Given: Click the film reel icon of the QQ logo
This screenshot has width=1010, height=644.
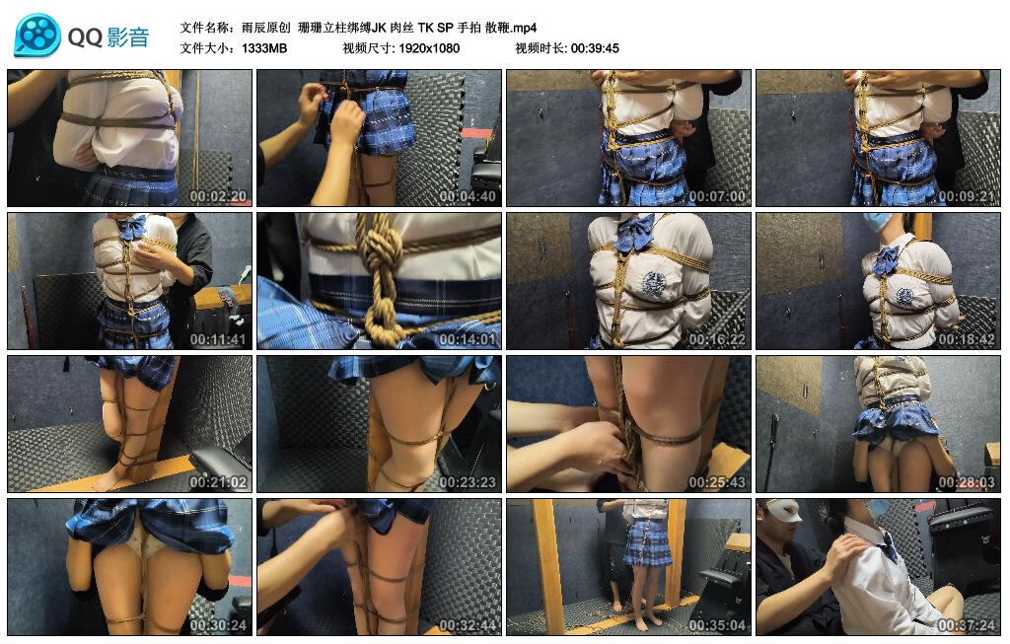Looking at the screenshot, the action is point(36,36).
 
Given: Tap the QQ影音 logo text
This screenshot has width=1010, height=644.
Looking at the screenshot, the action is point(108,37).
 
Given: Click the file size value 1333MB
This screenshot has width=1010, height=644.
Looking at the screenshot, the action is point(264,48).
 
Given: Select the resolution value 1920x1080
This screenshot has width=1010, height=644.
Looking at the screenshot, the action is point(429,48).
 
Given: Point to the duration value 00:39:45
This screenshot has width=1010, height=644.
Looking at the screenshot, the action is point(595,48).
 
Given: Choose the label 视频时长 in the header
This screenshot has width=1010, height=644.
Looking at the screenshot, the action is point(539,48).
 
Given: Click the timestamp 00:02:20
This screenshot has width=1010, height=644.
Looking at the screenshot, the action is point(218,196).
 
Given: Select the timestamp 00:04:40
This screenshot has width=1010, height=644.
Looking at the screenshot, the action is point(468,196).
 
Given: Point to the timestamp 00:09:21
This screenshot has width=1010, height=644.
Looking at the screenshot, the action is point(967,196).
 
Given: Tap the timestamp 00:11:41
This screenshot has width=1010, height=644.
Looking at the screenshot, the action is point(218,339).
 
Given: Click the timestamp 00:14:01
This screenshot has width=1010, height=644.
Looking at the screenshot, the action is point(468,339).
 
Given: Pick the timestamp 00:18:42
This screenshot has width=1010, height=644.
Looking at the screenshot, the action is point(967,339).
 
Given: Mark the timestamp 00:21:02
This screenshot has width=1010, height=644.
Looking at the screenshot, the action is point(218,482).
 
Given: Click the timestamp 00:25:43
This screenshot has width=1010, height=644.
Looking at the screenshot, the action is point(717,482).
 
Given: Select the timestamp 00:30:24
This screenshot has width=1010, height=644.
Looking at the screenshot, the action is point(218,625).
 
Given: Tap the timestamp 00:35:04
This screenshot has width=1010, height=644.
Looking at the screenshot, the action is point(717,625).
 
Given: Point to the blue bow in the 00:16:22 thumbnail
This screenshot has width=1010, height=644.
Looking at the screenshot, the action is point(634,233).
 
